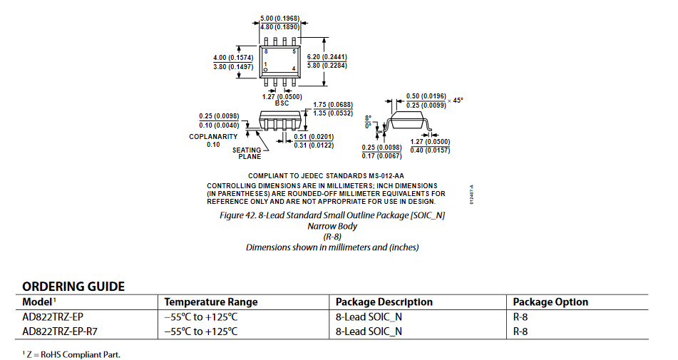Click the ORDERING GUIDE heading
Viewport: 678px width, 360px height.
coord(73,287)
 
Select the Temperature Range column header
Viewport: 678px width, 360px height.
coord(210,302)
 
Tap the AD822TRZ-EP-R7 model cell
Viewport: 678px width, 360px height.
coord(60,331)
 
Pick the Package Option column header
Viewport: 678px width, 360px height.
coord(550,302)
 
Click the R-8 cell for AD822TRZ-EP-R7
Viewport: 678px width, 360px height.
coord(520,331)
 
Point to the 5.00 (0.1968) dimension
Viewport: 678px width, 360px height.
coord(279,19)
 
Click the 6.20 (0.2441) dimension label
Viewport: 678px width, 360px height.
coord(327,56)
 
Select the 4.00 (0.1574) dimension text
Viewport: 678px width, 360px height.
coord(233,58)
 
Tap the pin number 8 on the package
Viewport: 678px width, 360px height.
coord(266,51)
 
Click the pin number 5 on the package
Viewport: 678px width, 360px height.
coord(294,51)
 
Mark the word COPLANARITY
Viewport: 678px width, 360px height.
coord(213,137)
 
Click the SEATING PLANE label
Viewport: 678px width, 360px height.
coord(247,153)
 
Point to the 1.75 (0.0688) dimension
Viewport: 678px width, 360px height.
coord(333,105)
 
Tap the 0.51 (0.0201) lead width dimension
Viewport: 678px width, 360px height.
coord(314,137)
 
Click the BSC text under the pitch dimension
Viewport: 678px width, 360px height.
coord(282,103)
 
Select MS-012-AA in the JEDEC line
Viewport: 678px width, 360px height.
coord(386,176)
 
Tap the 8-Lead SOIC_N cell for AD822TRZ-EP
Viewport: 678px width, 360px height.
coord(369,317)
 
